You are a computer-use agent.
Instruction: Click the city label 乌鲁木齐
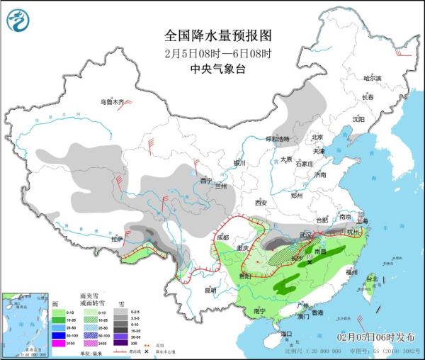click(111, 102)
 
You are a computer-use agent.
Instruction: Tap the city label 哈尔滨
click(372, 78)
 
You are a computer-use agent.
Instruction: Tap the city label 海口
click(285, 333)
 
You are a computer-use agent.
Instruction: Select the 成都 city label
click(223, 237)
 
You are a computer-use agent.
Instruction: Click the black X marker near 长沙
click(310, 262)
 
